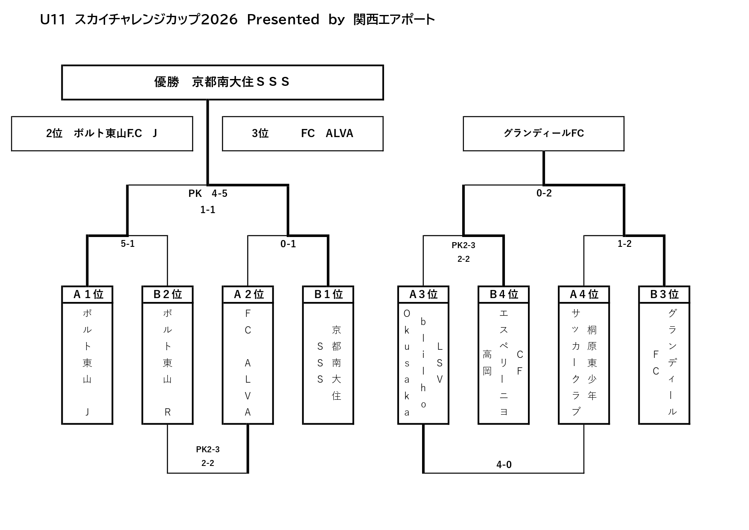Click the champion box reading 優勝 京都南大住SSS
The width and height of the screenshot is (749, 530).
(222, 82)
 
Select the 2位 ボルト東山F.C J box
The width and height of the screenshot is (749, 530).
(102, 134)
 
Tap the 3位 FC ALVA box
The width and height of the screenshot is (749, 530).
(303, 134)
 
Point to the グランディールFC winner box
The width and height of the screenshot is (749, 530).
(543, 134)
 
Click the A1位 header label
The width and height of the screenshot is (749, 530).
(87, 294)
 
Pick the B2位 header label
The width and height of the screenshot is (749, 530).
(167, 294)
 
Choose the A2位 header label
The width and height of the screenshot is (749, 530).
(248, 294)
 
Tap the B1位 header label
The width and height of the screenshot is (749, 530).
(328, 294)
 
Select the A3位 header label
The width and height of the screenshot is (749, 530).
(423, 294)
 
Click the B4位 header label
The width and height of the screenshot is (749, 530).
(504, 294)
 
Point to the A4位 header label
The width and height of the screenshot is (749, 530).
(584, 294)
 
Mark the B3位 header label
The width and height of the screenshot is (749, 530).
(664, 294)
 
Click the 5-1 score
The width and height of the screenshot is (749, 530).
(128, 244)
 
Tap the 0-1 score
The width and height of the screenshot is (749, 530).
(288, 244)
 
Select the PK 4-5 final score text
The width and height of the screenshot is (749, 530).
(208, 193)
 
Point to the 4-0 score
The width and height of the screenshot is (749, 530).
(504, 465)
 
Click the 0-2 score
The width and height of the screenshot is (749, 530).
(544, 193)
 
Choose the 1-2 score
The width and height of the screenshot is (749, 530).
(624, 244)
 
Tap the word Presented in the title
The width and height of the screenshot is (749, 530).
(283, 20)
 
